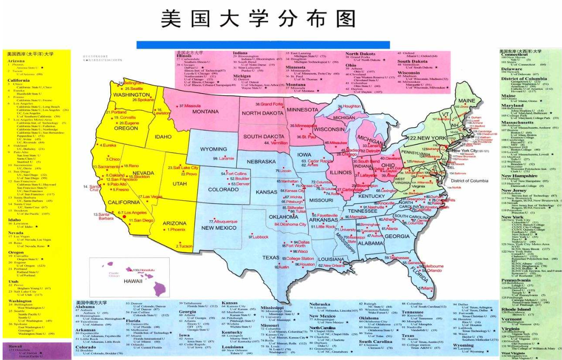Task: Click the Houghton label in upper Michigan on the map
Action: [350, 106]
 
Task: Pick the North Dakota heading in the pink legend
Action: [360, 54]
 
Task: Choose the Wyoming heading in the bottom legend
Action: [463, 345]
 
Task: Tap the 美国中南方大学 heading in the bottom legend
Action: [92, 303]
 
